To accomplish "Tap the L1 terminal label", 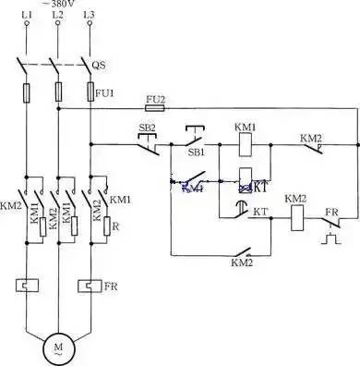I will [x=26, y=17].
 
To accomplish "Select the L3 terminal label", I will [x=89, y=17].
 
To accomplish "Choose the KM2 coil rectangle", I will [x=296, y=219].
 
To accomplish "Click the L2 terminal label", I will [x=57, y=17].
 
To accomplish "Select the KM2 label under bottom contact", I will [x=241, y=263].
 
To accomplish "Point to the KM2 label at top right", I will [x=311, y=138].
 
